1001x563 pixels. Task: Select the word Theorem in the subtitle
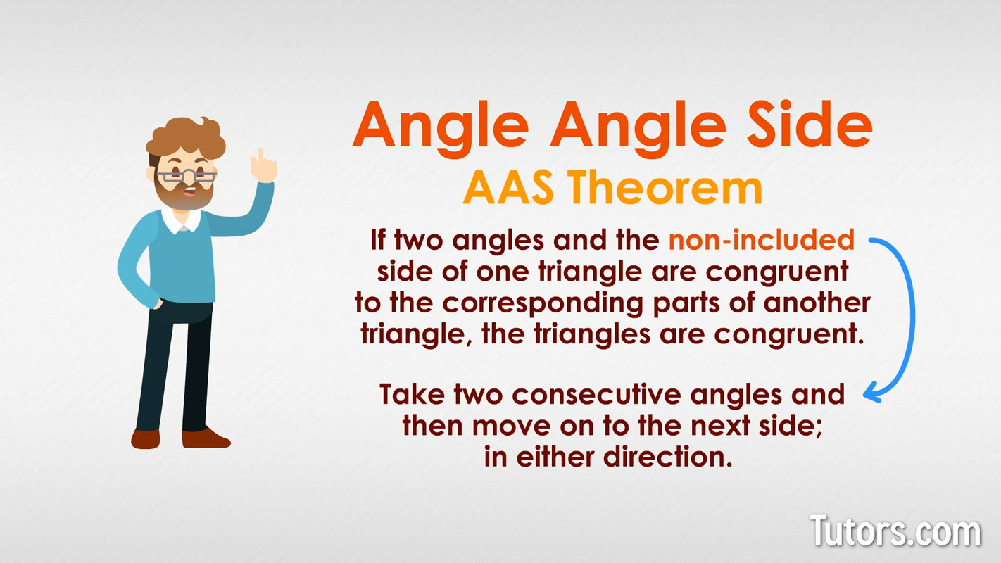(x=666, y=188)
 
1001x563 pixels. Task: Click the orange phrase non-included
(x=762, y=240)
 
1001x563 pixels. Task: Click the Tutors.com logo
(x=895, y=531)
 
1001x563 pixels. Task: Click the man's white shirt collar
(x=181, y=220)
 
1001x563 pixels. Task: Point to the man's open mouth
(x=190, y=193)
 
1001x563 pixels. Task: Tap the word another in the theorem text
(x=817, y=303)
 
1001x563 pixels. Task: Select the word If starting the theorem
(x=378, y=240)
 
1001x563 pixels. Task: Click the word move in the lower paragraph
(x=511, y=426)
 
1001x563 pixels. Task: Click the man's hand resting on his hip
(x=157, y=304)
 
